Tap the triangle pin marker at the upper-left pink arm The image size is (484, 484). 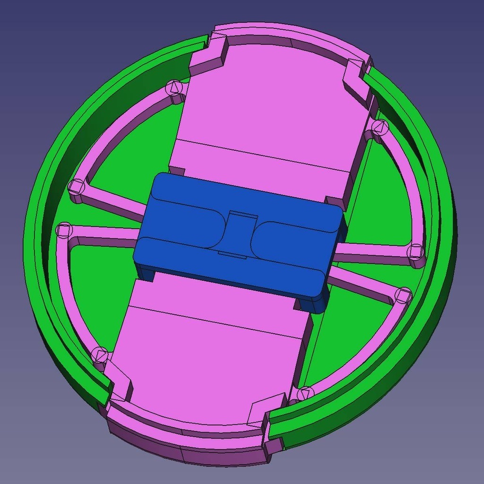(x=174, y=87)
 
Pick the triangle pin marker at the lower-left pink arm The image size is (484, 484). (x=100, y=354)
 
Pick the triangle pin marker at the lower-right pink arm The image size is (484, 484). (x=305, y=392)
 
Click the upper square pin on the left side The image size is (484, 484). (x=76, y=187)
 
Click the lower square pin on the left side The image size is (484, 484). (x=63, y=230)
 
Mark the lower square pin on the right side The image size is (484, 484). (x=403, y=295)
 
